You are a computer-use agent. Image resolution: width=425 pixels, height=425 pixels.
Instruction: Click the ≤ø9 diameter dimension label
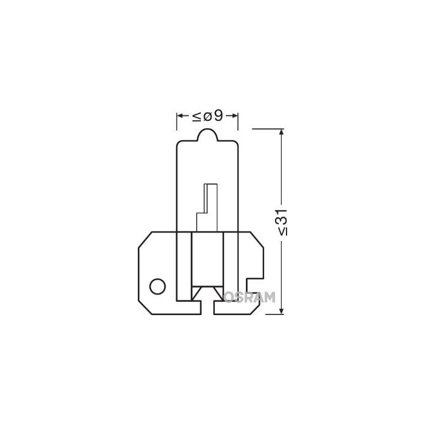click(x=207, y=116)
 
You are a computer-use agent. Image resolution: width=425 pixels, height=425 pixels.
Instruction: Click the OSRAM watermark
click(x=251, y=297)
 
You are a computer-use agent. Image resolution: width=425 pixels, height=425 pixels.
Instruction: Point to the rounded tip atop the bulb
click(x=206, y=134)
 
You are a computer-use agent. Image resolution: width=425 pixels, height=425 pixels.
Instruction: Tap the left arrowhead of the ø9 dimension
click(x=180, y=116)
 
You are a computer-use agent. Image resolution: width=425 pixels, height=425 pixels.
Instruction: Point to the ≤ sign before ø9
click(x=197, y=116)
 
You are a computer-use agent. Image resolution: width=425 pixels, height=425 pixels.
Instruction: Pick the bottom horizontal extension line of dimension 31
click(x=267, y=314)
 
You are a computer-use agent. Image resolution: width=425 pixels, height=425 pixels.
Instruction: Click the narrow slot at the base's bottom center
click(x=207, y=307)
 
